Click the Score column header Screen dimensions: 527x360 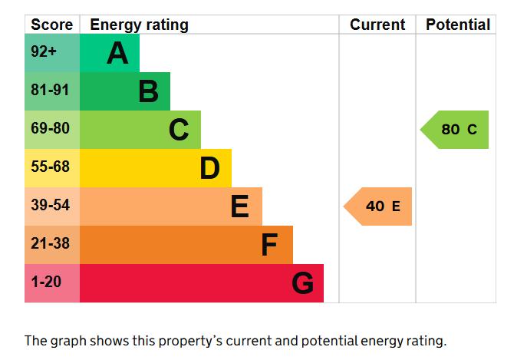point(51,25)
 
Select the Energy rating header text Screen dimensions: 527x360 point(139,25)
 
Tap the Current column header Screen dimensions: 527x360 point(377,25)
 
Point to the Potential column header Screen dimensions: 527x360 point(458,25)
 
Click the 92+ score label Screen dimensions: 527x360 point(44,51)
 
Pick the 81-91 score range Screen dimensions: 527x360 point(50,90)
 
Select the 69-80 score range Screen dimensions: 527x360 point(50,128)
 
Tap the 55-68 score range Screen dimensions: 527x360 point(50,167)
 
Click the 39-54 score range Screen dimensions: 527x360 point(50,205)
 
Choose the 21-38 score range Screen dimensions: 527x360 point(50,243)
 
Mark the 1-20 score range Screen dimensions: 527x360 point(46,282)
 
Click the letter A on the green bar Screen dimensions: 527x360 point(117,53)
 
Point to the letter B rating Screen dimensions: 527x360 point(148,91)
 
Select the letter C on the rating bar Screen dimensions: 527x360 point(179,130)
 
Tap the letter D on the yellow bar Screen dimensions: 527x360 point(209,168)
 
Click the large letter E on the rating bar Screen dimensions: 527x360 point(240,206)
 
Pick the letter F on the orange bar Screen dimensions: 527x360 point(269,245)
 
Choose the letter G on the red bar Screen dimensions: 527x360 point(302,283)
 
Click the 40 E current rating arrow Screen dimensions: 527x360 point(377,206)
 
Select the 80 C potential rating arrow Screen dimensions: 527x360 point(454,130)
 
